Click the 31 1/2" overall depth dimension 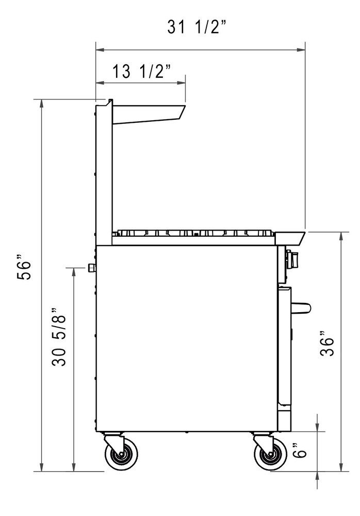click(x=197, y=27)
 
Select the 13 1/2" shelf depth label click(x=142, y=71)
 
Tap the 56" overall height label click(x=24, y=267)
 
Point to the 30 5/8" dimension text click(x=59, y=337)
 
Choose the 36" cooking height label click(x=328, y=346)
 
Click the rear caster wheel click(x=121, y=454)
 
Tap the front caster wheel click(x=270, y=454)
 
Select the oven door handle click(x=301, y=308)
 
